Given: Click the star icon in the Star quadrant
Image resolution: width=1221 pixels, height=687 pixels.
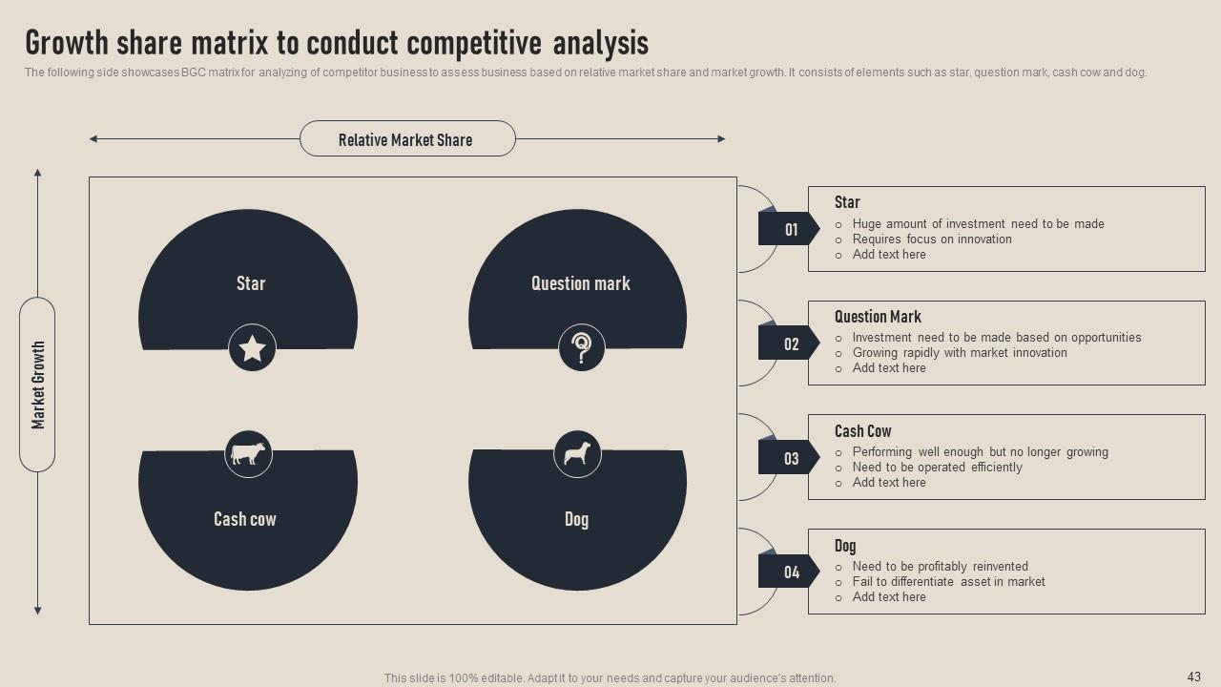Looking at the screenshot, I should point(252,348).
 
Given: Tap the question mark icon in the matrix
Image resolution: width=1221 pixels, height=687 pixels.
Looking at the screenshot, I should point(581,347).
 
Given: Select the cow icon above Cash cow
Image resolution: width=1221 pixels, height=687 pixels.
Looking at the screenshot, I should point(248,453).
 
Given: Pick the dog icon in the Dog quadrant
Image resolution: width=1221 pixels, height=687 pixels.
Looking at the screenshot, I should point(577,453).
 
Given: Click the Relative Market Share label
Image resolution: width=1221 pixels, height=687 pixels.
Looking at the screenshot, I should point(406,139).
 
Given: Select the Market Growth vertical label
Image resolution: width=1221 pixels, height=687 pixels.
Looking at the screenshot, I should point(38,385).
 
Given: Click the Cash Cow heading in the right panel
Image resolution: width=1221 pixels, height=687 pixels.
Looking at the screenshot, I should point(862,431).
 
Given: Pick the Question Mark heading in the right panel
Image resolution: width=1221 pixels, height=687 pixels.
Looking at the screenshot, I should point(878,317).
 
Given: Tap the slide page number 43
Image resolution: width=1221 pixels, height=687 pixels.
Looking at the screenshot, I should point(1193,677).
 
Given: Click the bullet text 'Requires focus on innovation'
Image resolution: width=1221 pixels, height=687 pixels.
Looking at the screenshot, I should point(932,239).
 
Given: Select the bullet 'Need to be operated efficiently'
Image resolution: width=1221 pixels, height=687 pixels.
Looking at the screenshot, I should point(937,468).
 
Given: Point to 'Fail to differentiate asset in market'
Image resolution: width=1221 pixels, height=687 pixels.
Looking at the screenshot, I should point(948,582).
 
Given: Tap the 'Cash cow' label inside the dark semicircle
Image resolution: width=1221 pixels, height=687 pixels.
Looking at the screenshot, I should point(245,519).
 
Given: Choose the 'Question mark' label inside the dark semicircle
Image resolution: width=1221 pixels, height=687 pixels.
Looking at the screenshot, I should point(580,283).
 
